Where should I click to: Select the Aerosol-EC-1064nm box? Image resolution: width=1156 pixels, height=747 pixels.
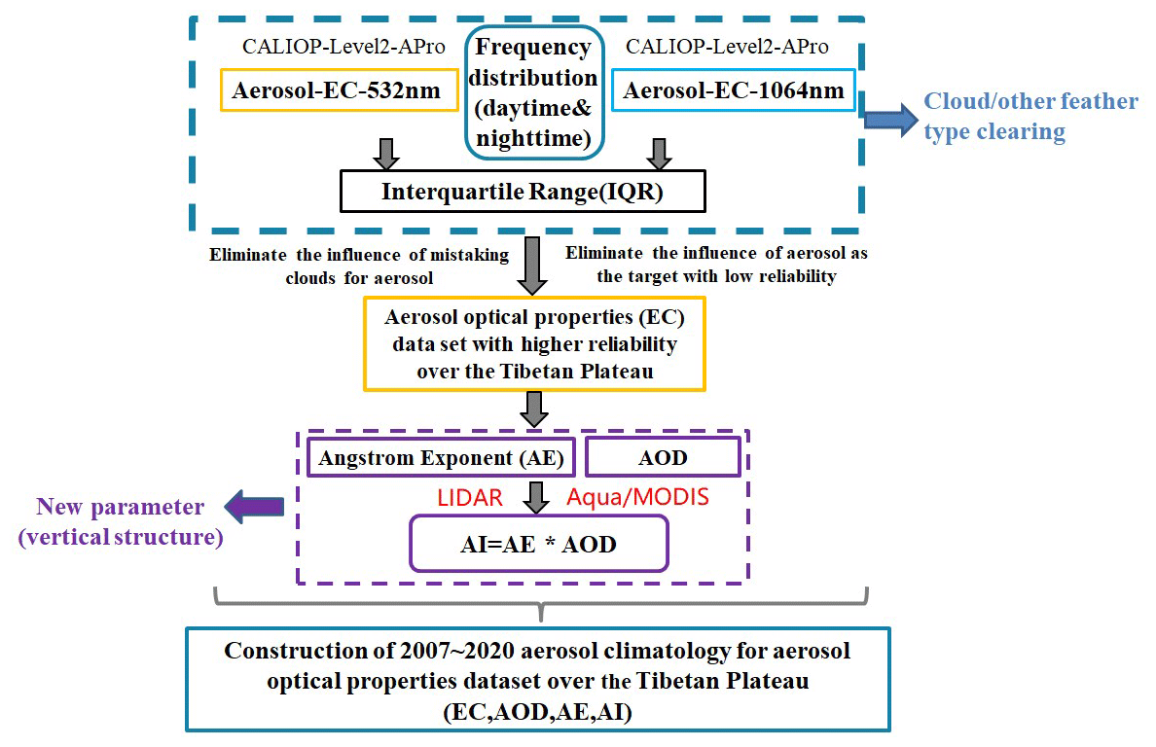pyautogui.click(x=734, y=92)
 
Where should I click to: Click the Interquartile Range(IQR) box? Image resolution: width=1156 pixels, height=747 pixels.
pyautogui.click(x=522, y=192)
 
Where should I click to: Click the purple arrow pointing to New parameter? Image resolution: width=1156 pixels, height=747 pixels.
pyautogui.click(x=253, y=506)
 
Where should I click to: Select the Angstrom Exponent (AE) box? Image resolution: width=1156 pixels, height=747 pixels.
pyautogui.click(x=442, y=456)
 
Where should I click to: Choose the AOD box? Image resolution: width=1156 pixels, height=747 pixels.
pyautogui.click(x=662, y=456)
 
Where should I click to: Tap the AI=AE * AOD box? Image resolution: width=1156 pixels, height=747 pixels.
pyautogui.click(x=538, y=543)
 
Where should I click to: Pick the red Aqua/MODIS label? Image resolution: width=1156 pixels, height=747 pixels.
pyautogui.click(x=637, y=498)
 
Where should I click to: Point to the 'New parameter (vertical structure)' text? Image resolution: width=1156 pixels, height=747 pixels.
pyautogui.click(x=121, y=521)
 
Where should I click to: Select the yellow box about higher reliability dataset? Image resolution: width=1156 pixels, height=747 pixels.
pyautogui.click(x=533, y=344)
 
